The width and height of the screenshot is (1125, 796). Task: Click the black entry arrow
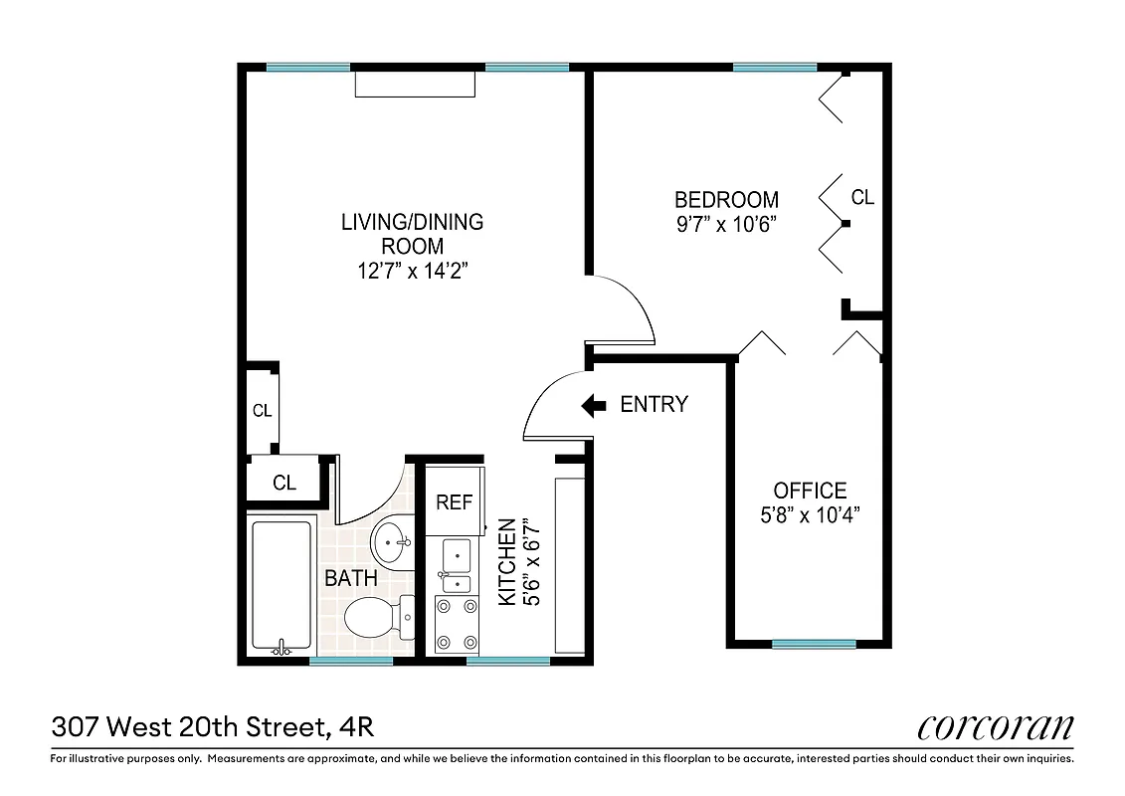pyautogui.click(x=594, y=405)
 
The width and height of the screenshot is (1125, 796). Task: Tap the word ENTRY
pyautogui.click(x=654, y=405)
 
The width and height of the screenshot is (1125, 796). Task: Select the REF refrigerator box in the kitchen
pyautogui.click(x=455, y=502)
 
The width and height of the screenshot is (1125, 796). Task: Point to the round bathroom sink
pyautogui.click(x=392, y=543)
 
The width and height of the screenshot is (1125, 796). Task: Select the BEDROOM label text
pyautogui.click(x=726, y=199)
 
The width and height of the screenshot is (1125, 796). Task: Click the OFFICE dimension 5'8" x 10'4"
pyautogui.click(x=810, y=514)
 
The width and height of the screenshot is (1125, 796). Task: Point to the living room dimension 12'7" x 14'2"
pyautogui.click(x=412, y=270)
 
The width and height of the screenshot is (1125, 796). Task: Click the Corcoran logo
pyautogui.click(x=995, y=726)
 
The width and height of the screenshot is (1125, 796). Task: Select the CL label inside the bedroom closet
pyautogui.click(x=862, y=198)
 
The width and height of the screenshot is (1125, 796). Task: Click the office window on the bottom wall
pyautogui.click(x=814, y=643)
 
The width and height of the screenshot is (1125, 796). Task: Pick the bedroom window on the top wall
pyautogui.click(x=775, y=68)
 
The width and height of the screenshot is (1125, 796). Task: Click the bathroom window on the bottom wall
pyautogui.click(x=350, y=661)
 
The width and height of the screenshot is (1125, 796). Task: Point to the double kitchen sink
pyautogui.click(x=456, y=567)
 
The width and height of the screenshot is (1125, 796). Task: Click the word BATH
pyautogui.click(x=350, y=578)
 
